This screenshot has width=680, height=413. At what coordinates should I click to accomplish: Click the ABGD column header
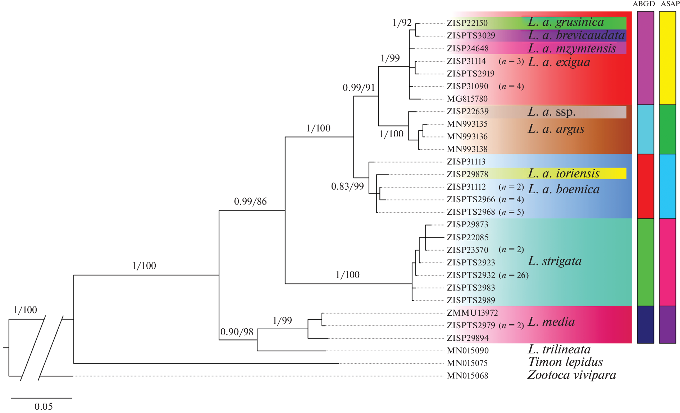coord(644,4)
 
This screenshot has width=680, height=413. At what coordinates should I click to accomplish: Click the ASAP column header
coord(670,4)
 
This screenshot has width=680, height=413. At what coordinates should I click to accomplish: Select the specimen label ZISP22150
coord(467,23)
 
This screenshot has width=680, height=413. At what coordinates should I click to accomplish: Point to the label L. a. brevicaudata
coord(576,36)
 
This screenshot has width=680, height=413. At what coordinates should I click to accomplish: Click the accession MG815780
coord(467,99)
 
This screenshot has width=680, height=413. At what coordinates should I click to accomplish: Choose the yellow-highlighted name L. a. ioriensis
coord(563,174)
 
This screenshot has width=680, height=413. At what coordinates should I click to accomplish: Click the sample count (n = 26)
coord(514,275)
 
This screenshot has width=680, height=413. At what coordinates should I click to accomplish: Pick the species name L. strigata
coord(555,261)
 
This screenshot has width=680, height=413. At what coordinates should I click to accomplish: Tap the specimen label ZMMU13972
coord(472,313)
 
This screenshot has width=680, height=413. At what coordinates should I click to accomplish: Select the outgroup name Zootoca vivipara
coord(571,375)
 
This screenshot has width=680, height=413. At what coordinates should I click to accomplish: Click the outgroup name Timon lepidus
coord(565,362)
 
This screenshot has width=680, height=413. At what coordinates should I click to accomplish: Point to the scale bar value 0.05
coord(44,407)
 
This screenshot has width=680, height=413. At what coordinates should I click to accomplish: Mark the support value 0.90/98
coord(237,332)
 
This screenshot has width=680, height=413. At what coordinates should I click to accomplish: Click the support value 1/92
coord(402,23)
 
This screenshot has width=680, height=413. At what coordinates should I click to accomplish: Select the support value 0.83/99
coord(347,186)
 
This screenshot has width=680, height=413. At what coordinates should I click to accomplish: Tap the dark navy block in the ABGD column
coord(645,325)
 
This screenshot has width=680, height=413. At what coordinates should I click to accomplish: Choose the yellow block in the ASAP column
coord(667,58)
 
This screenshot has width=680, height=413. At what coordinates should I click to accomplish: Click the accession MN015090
coord(467,351)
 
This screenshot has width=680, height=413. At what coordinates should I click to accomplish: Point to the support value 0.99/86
coord(250,201)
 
